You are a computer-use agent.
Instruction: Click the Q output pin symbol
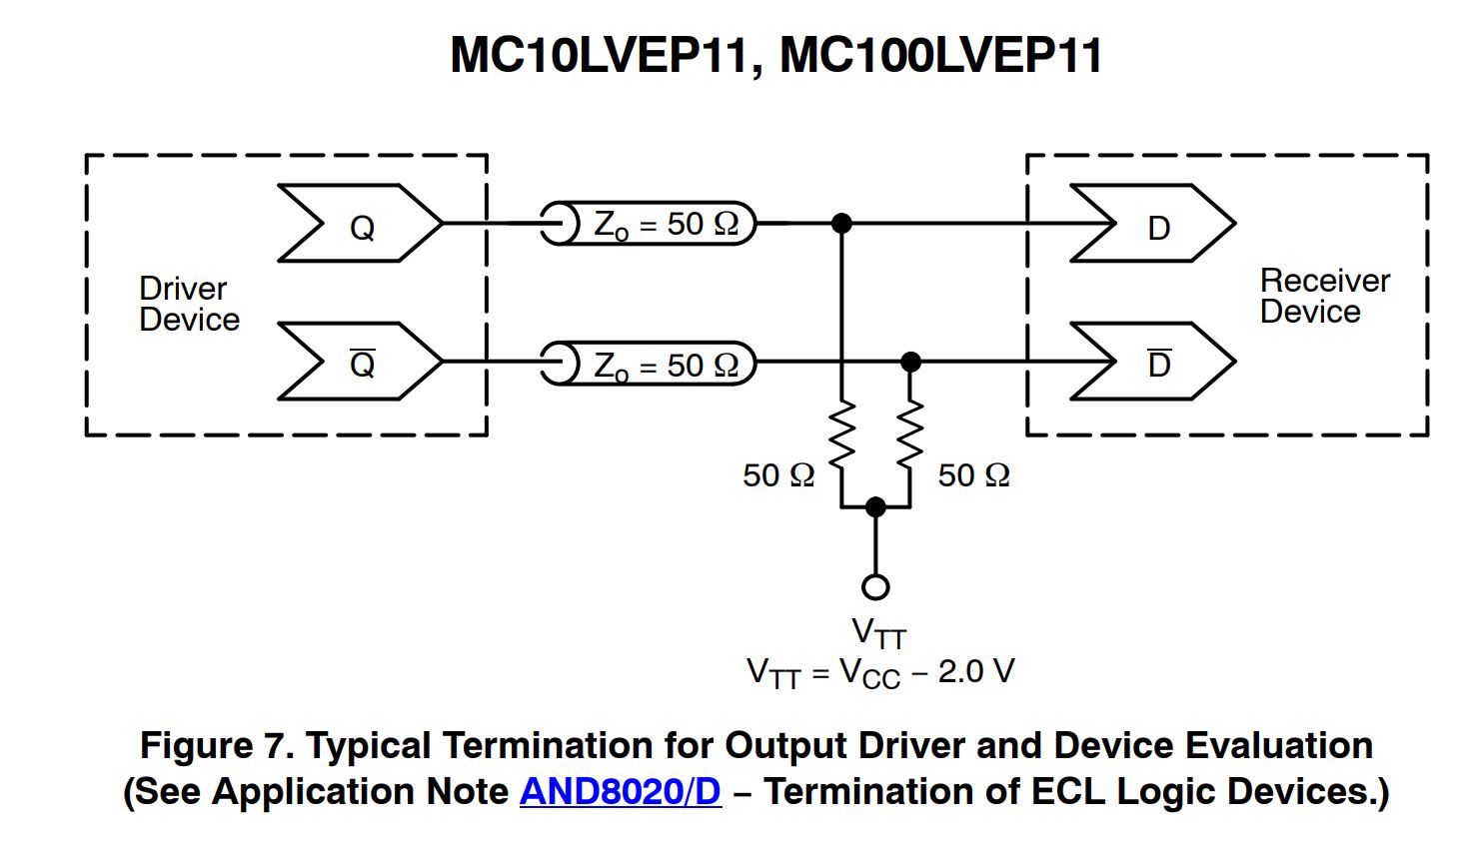[360, 224]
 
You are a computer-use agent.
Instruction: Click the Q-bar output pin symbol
[360, 362]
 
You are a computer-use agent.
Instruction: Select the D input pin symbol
[1153, 224]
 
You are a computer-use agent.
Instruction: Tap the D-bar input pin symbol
[1153, 362]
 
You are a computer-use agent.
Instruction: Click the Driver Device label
[189, 304]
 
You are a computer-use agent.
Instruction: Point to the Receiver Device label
[1324, 296]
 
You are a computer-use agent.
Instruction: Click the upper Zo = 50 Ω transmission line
[649, 224]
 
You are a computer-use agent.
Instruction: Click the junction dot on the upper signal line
[842, 223]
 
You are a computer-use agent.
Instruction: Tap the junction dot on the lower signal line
[910, 361]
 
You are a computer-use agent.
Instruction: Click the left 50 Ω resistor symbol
[842, 435]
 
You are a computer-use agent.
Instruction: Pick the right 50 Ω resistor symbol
[910, 435]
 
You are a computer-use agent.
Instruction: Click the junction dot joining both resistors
[875, 506]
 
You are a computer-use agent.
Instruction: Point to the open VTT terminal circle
[875, 586]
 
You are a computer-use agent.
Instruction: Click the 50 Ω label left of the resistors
[778, 475]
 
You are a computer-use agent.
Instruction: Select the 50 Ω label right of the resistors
[973, 475]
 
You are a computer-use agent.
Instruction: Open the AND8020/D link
[620, 791]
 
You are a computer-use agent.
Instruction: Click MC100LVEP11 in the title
[940, 55]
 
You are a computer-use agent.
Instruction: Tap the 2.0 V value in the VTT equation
[975, 671]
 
